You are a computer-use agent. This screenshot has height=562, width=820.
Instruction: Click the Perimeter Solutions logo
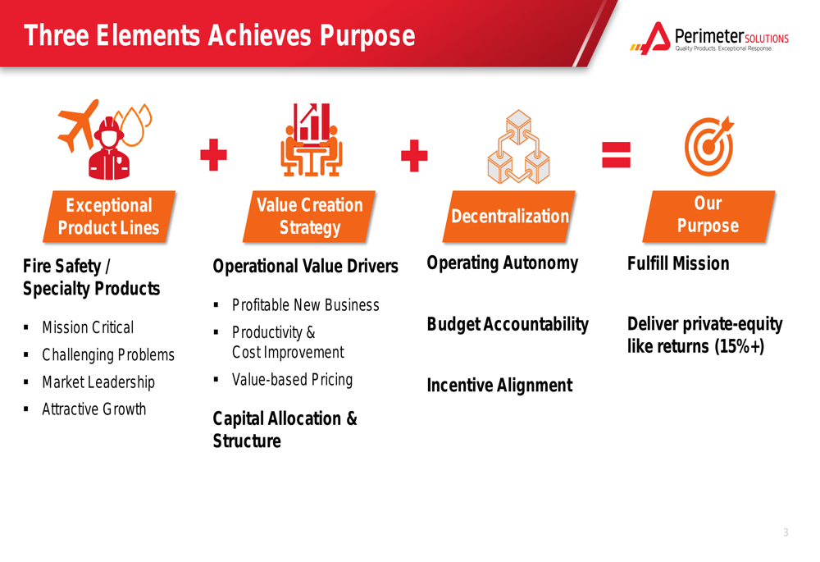pos(709,38)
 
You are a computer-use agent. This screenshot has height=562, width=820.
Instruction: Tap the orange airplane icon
pos(78,126)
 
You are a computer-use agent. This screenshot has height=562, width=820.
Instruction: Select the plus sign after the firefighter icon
pos(213,155)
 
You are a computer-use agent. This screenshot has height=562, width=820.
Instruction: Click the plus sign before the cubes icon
pos(414,155)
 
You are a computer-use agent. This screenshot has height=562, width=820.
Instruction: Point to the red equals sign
pos(616,155)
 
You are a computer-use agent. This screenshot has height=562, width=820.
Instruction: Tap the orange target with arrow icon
pos(709,146)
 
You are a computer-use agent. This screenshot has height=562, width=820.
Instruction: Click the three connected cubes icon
pos(519,147)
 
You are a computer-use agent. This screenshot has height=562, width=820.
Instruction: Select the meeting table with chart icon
pos(311,139)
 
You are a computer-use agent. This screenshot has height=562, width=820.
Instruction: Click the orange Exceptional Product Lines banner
pos(109,216)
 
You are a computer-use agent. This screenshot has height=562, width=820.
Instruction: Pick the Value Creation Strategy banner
pos(309,216)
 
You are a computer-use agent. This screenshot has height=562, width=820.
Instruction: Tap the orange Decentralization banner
pos(509,216)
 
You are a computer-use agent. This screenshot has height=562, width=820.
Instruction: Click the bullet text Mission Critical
pos(88,327)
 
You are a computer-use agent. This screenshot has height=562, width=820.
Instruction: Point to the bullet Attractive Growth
pos(94,409)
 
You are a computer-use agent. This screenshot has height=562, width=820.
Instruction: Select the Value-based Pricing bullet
pos(293,379)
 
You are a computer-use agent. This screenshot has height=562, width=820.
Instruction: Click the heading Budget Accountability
pos(508,324)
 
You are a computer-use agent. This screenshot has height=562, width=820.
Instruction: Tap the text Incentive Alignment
pos(499,385)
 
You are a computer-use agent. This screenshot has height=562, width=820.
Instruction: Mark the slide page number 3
pos(786,532)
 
